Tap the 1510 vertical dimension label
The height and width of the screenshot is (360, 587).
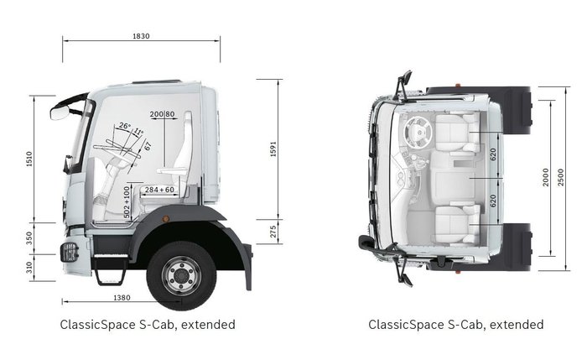coord(29,159)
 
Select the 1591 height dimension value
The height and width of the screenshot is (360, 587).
coord(273,149)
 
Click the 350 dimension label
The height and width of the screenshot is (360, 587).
coord(29,237)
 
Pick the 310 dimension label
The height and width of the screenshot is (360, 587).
coord(29,268)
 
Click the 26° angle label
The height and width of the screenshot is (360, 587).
coord(125,126)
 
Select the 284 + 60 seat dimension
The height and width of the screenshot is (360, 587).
coord(159,190)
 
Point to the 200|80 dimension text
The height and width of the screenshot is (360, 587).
coord(162,114)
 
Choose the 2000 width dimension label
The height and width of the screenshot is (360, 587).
coord(546,177)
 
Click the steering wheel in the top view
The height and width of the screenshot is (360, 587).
coord(418,130)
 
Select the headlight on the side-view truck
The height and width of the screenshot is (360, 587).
coord(70,250)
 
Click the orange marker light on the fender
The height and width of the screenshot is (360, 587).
coord(166,219)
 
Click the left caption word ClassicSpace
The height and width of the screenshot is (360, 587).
coord(97,324)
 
